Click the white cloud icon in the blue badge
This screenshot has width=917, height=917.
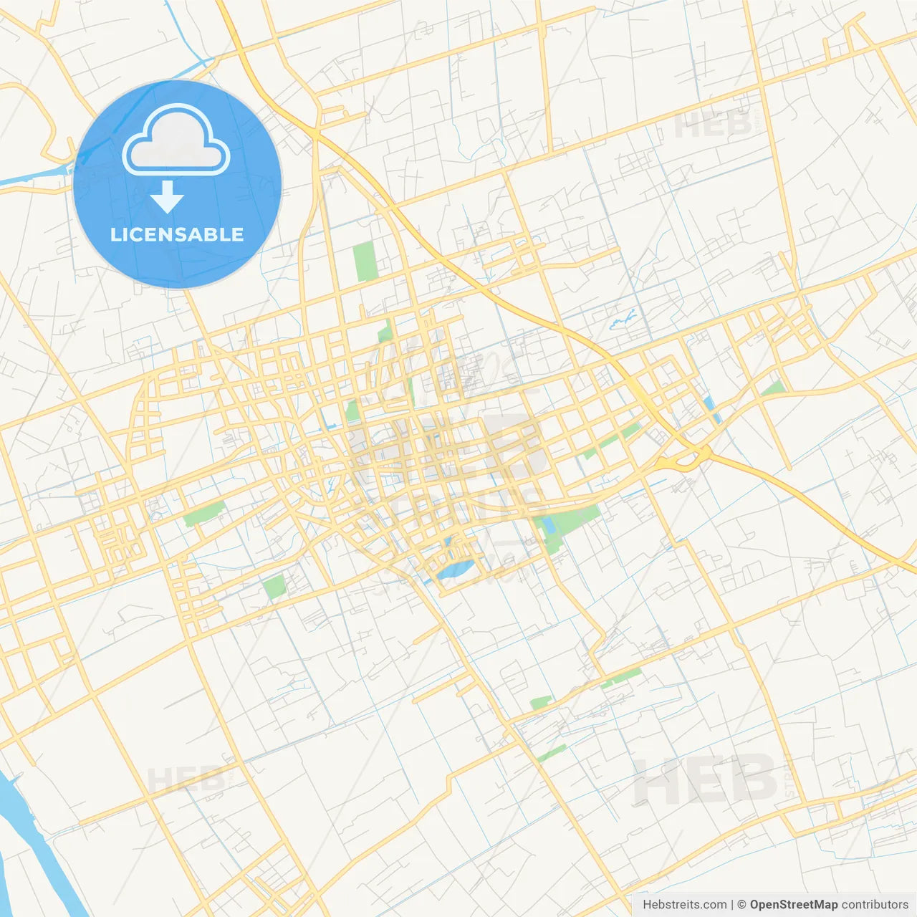(176, 140)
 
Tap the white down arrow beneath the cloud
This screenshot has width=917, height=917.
(168, 196)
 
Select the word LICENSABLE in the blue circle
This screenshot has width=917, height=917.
(177, 235)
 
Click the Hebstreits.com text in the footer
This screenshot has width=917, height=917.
(684, 905)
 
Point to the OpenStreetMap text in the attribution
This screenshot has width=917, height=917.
(793, 905)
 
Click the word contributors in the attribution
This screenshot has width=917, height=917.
(874, 905)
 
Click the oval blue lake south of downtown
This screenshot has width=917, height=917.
(456, 570)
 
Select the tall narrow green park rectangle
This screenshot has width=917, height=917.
(365, 261)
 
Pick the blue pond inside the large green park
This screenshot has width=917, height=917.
(549, 525)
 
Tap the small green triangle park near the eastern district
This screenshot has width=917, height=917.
(774, 389)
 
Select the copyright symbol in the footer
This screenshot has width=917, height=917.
(741, 905)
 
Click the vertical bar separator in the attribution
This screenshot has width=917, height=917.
(732, 905)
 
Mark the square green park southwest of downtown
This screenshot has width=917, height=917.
(274, 587)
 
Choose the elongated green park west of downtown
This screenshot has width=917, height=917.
(203, 513)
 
